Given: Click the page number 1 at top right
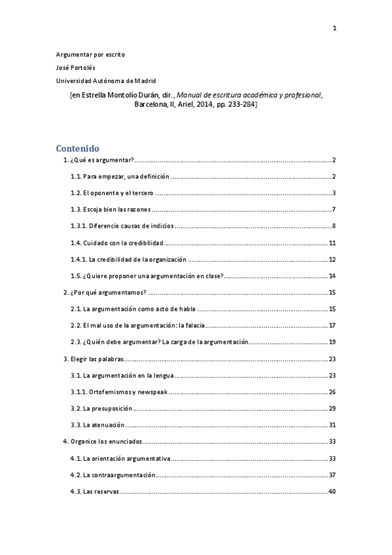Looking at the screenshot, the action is (334, 27).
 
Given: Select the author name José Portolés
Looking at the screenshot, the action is (75, 67).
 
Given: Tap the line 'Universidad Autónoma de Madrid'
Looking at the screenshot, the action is (106, 81).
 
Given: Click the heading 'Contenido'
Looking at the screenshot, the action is (77, 149).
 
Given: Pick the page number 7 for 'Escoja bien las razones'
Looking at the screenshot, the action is (334, 209).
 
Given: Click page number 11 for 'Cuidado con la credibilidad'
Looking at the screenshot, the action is (332, 243).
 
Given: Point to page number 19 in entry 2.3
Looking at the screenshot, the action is (332, 342).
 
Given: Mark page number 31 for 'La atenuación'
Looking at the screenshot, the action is (332, 425).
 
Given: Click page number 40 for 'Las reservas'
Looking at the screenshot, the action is (332, 492).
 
